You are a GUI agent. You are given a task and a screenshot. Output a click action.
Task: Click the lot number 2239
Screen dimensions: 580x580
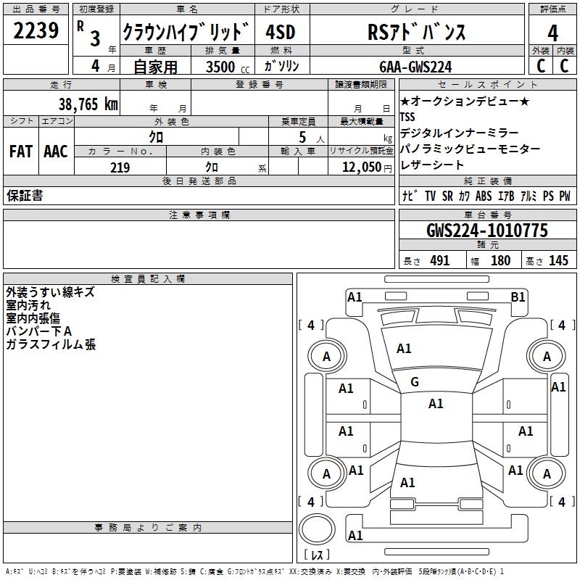coord(36,31)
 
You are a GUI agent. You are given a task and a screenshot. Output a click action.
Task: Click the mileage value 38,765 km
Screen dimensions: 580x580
coord(88,104)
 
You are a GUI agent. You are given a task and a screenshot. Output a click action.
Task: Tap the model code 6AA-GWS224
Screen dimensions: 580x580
coord(415,67)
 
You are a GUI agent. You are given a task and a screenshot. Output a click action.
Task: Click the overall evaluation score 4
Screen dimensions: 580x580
coord(553,33)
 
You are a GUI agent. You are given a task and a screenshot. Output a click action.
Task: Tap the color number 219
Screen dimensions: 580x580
coord(120,167)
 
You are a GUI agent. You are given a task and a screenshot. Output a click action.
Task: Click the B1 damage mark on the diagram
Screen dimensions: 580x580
coord(518,297)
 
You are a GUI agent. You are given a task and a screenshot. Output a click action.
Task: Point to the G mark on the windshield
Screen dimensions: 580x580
coord(415,382)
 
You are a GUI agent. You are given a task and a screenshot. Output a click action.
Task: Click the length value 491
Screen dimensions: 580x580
coord(439,261)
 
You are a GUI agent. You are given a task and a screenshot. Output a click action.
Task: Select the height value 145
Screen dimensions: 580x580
coord(558,261)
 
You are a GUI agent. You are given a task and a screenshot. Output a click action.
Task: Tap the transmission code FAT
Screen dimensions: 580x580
coord(21,152)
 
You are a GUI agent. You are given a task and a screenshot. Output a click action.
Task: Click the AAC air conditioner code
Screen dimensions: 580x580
coord(56,152)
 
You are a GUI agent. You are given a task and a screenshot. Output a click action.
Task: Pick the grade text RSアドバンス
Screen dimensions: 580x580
coord(415,33)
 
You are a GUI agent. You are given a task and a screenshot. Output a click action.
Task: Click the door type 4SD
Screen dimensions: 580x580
coord(281,33)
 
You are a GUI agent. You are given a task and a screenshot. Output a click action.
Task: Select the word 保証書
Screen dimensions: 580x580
coord(25,196)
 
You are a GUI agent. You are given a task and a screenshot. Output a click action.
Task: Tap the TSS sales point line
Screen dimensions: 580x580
coord(408,117)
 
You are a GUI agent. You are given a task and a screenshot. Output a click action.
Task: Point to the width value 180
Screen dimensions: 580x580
coord(500,261)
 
